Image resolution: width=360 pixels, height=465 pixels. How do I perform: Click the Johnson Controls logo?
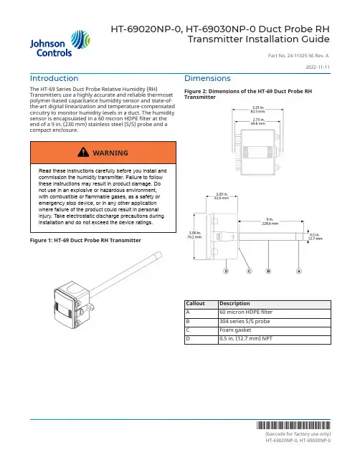point(60,44)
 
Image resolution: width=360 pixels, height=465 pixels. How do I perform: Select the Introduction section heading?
point(54,78)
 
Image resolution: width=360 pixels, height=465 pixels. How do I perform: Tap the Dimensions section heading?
point(207,78)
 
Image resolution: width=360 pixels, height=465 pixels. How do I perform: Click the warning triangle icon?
point(83,152)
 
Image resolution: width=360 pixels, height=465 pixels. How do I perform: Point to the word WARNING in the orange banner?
point(110,153)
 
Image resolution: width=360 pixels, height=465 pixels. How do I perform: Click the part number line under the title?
point(298,55)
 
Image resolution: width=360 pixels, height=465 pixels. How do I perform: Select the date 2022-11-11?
point(318,67)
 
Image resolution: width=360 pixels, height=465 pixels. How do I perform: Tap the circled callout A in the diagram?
point(299,271)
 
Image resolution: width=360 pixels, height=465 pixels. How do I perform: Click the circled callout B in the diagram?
point(268,271)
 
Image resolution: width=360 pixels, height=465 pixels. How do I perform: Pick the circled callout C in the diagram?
point(250,271)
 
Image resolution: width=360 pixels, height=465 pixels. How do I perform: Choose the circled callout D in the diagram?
point(226,271)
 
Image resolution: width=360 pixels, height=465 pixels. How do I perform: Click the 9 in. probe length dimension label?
point(270,221)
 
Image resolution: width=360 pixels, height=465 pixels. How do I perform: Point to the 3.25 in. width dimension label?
point(258,110)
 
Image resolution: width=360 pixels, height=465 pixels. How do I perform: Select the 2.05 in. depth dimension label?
point(222,196)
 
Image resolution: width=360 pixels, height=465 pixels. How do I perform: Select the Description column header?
point(235,303)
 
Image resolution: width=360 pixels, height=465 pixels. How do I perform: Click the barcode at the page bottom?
point(293,426)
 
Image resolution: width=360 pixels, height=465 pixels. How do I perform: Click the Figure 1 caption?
point(85,241)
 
